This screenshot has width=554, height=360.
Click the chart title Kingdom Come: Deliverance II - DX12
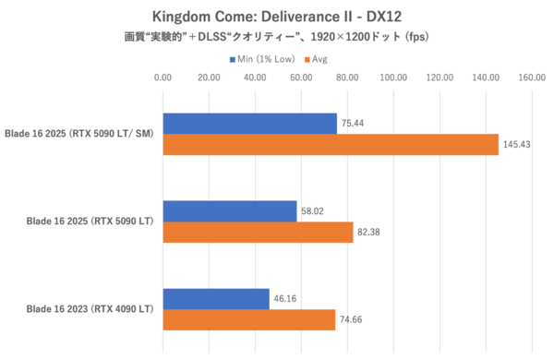[x=278, y=16]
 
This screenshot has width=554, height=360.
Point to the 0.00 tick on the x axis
[x=163, y=78]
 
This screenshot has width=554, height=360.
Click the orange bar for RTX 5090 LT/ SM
[x=331, y=145]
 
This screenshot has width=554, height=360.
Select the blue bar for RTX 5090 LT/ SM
[x=249, y=124]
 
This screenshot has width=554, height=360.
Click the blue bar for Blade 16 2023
[x=216, y=299]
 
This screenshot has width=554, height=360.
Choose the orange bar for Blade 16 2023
[x=248, y=320]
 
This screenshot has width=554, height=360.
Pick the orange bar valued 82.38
[x=258, y=233]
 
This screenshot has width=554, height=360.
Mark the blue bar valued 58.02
[x=230, y=211]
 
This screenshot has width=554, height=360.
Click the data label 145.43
[x=517, y=145]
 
